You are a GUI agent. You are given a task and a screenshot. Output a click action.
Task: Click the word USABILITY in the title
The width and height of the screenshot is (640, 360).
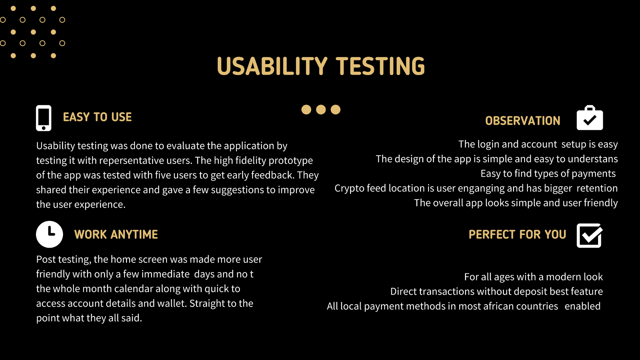[272, 66]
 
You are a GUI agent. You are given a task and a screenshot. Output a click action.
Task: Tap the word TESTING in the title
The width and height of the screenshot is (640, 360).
[380, 66]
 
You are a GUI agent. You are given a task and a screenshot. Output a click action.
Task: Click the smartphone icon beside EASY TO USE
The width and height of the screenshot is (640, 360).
[44, 118]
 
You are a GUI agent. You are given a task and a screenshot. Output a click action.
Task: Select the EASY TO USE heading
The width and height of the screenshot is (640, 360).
[97, 117]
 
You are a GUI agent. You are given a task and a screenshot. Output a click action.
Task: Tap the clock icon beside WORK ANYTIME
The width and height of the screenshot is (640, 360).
[49, 234]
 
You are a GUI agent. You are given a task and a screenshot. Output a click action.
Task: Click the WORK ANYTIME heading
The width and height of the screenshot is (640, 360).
[116, 234]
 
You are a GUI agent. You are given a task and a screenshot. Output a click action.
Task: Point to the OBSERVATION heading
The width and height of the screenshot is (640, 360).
[523, 121]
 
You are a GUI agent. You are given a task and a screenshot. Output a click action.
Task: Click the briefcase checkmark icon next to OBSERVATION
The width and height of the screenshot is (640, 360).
[590, 118]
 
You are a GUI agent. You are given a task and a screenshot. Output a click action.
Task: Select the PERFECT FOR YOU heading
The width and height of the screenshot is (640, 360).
[517, 234]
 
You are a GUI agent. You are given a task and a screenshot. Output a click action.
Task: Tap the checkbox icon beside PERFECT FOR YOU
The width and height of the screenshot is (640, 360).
[589, 235]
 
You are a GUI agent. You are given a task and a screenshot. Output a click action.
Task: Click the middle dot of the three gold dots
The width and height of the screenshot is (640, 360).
[321, 110]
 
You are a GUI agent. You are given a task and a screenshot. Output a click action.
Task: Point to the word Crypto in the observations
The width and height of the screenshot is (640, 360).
[349, 189]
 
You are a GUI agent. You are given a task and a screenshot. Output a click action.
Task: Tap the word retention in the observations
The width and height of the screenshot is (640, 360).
[597, 188]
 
